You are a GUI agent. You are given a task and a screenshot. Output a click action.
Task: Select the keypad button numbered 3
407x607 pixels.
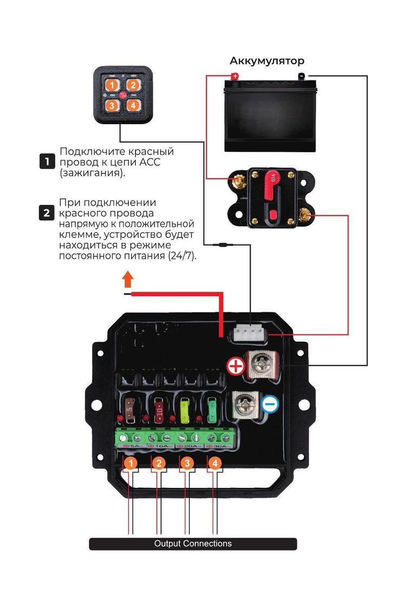click(112, 105)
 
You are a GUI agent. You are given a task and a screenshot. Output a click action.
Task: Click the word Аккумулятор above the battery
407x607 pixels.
click(267, 61)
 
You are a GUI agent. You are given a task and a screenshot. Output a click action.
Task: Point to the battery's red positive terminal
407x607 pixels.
click(234, 76)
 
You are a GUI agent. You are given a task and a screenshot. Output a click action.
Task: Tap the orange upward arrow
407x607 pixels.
click(127, 279)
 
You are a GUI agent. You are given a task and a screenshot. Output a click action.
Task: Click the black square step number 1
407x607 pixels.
click(47, 161)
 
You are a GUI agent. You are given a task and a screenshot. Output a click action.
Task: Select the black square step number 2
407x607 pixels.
click(47, 213)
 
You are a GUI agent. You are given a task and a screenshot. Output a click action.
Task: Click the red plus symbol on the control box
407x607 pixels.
click(236, 367)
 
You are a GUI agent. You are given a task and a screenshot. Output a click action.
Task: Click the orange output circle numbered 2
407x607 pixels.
click(158, 463)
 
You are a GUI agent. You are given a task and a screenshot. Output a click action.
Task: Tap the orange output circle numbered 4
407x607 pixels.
click(215, 463)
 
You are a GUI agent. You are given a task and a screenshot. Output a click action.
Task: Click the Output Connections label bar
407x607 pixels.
click(193, 544)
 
